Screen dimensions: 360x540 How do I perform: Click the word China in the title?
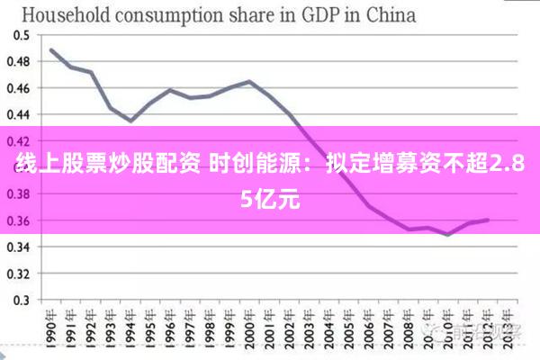[x=390, y=14]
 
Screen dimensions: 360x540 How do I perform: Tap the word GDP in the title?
[x=322, y=14]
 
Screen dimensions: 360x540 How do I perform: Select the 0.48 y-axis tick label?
[x=19, y=61]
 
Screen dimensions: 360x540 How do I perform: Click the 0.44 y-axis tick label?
[x=19, y=114]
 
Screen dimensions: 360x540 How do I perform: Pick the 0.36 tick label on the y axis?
[x=19, y=220]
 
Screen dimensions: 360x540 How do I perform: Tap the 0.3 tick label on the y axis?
[x=22, y=300]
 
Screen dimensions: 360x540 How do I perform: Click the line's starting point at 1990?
[x=51, y=49]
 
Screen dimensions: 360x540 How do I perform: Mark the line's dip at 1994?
[x=130, y=121]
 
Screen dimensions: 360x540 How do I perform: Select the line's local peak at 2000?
[x=249, y=83]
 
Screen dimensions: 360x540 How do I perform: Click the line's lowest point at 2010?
[x=448, y=235]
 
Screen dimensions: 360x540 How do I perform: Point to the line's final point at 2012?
[x=488, y=220]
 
